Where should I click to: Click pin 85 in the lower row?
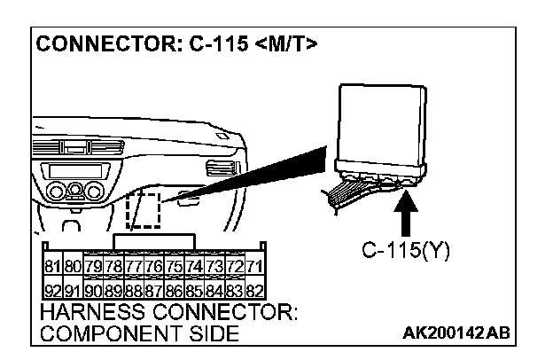click(x=192, y=290)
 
